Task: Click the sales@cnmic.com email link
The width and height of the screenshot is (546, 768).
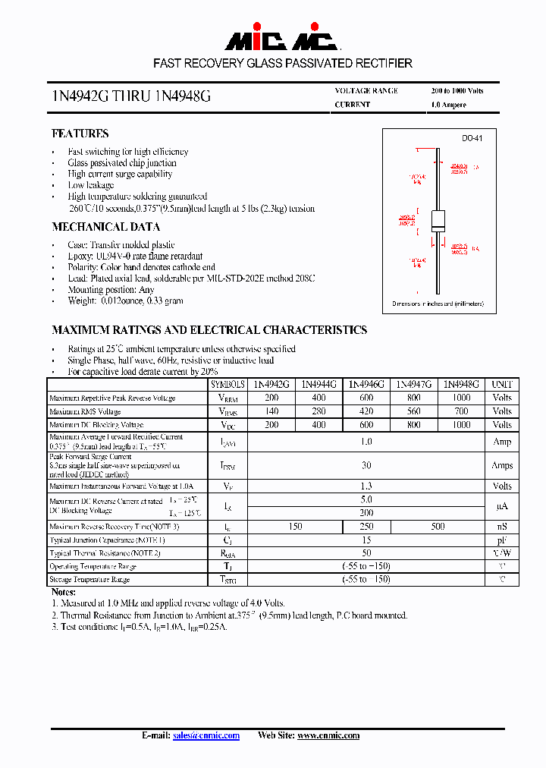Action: pyautogui.click(x=206, y=735)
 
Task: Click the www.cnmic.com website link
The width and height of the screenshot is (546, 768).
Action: pyautogui.click(x=328, y=735)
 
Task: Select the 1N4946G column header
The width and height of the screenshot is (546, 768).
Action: pyautogui.click(x=366, y=385)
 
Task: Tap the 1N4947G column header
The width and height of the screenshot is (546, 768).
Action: pyautogui.click(x=414, y=385)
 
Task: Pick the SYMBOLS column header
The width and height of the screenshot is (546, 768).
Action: pyautogui.click(x=228, y=385)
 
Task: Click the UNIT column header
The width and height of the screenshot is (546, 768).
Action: pyautogui.click(x=502, y=385)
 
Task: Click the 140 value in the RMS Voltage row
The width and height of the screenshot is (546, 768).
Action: pyautogui.click(x=272, y=411)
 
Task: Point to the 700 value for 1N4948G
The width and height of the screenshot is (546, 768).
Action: pyautogui.click(x=461, y=411)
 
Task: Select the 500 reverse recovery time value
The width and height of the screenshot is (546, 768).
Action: pyautogui.click(x=438, y=527)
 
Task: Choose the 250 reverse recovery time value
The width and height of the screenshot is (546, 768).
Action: pyautogui.click(x=366, y=527)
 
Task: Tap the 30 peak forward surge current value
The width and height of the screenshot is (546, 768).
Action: pyautogui.click(x=366, y=465)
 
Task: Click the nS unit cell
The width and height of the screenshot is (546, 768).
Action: pyautogui.click(x=502, y=527)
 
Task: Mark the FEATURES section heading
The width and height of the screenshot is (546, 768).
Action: pyautogui.click(x=80, y=134)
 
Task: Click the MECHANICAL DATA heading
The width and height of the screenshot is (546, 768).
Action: pyautogui.click(x=105, y=227)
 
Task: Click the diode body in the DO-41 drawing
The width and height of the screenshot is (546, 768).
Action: pyautogui.click(x=438, y=220)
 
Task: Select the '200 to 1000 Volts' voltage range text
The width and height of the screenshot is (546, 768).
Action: pyautogui.click(x=457, y=91)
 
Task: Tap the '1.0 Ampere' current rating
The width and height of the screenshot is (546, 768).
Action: pyautogui.click(x=448, y=105)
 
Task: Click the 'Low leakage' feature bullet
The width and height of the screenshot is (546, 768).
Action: pyautogui.click(x=90, y=185)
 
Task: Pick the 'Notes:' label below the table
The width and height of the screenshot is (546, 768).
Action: pyautogui.click(x=63, y=591)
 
